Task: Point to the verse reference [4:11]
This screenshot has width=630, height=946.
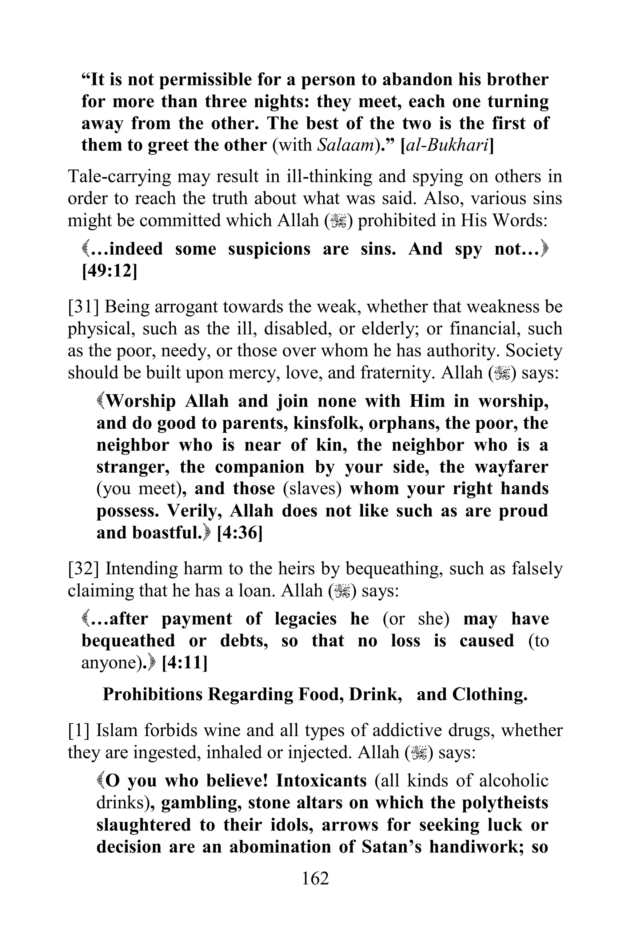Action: click(x=185, y=663)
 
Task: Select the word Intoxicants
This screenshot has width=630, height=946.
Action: click(x=321, y=781)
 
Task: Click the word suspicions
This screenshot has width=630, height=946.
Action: click(x=269, y=249)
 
